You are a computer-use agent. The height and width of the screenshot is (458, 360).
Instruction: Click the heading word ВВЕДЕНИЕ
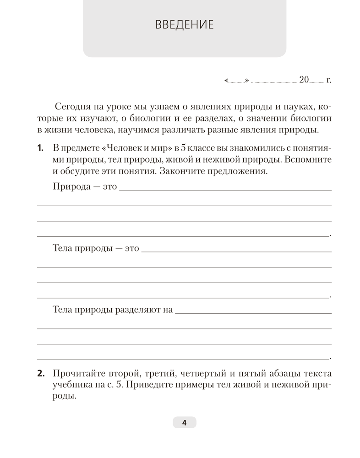185,24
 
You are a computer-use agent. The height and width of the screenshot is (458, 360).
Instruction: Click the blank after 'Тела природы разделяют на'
253,312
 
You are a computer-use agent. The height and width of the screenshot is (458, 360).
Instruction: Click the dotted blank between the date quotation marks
236,82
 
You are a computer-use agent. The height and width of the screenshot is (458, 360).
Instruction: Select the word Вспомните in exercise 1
311,160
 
